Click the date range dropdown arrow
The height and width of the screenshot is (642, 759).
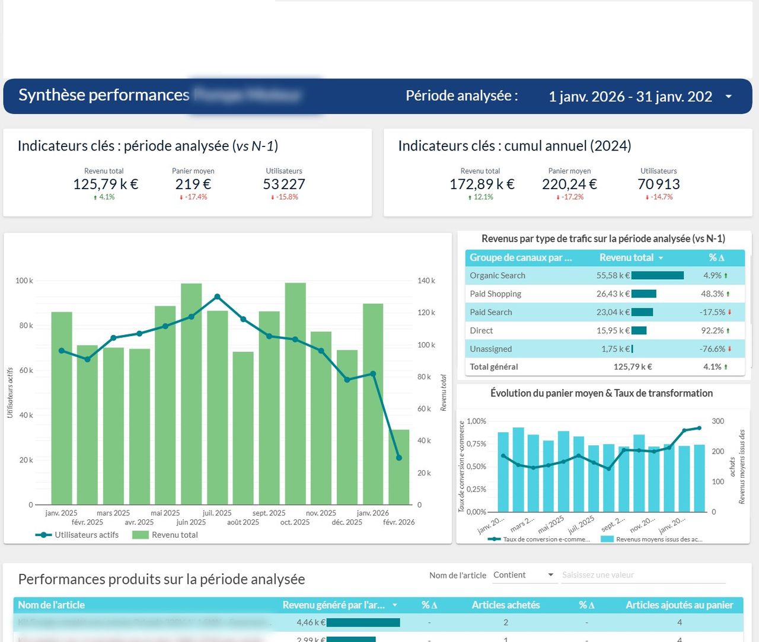point(729,97)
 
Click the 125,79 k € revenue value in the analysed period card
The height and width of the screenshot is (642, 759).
point(105,184)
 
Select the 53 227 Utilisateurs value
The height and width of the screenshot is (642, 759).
point(283,184)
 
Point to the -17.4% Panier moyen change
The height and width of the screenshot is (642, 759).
point(193,197)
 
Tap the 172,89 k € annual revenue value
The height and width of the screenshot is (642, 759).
point(481,184)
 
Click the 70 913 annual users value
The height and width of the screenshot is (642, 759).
point(658,184)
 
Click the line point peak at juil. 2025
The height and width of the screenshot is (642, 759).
point(218,296)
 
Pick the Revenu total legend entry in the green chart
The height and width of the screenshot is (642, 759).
point(174,535)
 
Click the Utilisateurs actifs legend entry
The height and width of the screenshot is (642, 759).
point(87,535)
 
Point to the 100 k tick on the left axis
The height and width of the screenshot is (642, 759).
point(24,280)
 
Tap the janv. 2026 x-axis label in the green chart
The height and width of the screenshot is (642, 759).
point(372,513)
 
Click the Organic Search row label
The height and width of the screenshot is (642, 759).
point(498,276)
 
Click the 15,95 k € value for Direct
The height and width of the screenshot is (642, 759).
point(613,331)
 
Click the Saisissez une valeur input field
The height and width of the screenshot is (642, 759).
point(643,575)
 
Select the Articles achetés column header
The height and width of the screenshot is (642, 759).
point(505,605)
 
